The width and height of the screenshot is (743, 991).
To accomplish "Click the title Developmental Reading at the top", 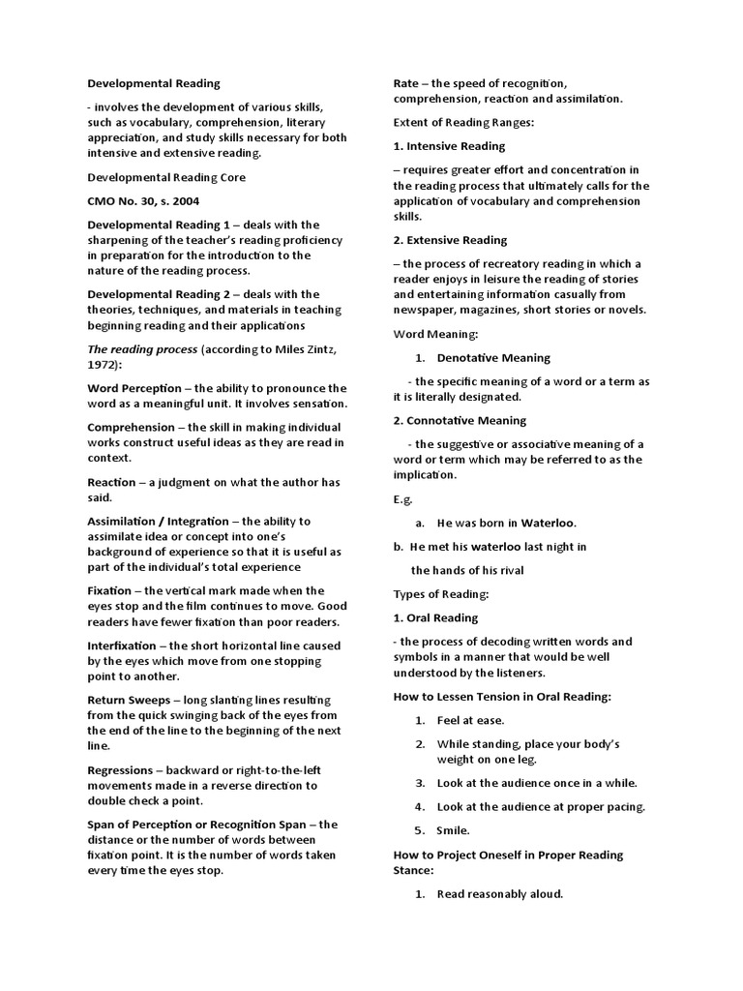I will (x=154, y=84).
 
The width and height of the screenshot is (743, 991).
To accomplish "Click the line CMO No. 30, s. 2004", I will (x=142, y=201).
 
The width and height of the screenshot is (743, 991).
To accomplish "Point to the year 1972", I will (x=105, y=364).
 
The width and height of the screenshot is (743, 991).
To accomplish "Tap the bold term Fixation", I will (x=110, y=590).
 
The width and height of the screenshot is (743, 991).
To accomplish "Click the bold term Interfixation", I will (x=121, y=645).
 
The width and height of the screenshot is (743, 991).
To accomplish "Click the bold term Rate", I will (x=405, y=84).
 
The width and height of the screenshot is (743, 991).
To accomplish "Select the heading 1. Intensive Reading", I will (x=449, y=146).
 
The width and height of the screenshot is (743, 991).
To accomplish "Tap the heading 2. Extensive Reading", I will (x=450, y=240).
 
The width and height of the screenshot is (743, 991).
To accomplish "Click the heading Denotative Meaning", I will (x=493, y=358).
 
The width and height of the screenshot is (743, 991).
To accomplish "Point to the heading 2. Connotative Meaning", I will (x=460, y=421).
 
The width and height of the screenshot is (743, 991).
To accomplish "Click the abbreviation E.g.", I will (x=402, y=499).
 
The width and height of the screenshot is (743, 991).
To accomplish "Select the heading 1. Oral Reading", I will (x=435, y=617).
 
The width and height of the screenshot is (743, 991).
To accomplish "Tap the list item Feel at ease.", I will (x=470, y=720).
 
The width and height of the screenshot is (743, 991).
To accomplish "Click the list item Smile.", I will (x=453, y=830).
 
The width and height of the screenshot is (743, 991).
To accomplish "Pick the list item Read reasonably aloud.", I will (x=499, y=894).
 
